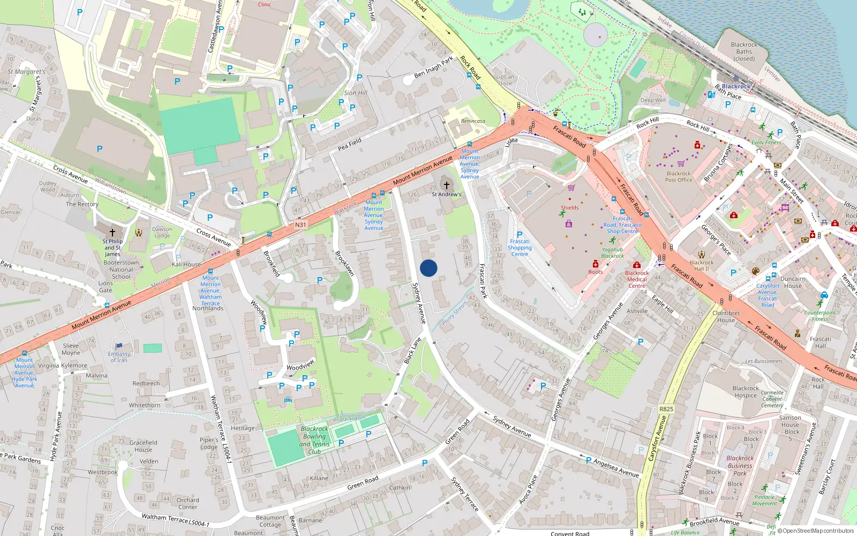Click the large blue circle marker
[x=428, y=268]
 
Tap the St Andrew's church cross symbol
[x=446, y=185]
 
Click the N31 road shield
[x=300, y=225]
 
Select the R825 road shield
[x=666, y=409]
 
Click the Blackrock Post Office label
[x=679, y=177]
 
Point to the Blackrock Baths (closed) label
[x=744, y=51]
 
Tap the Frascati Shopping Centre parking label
[x=520, y=244]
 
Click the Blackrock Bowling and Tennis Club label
[x=314, y=440]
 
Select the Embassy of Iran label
[x=119, y=357]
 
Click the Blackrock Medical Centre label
[x=637, y=279]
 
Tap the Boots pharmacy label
[x=596, y=272]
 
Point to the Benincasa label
[x=473, y=121]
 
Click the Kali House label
[x=186, y=264]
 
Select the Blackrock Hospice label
[x=746, y=392]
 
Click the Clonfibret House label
[x=726, y=316]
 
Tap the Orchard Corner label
[x=187, y=503]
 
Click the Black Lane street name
[x=412, y=351]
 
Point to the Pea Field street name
[x=349, y=144]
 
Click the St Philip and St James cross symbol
[x=112, y=233]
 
